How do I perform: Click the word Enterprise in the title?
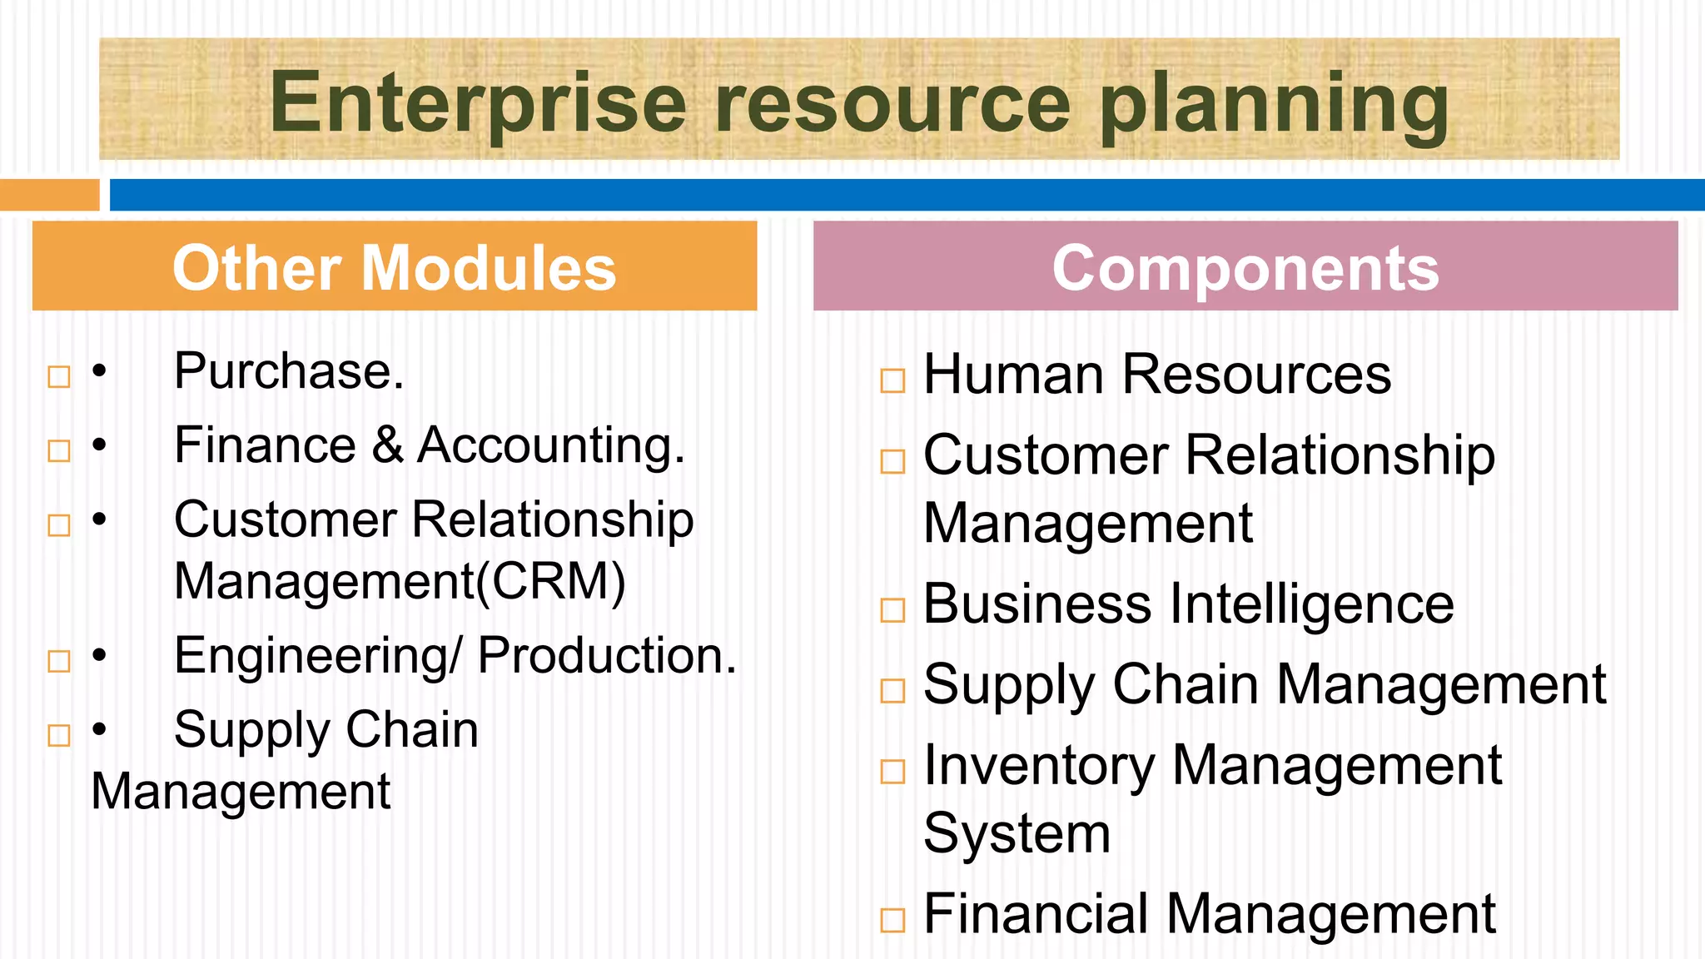coord(478,103)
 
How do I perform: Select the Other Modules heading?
coord(394,268)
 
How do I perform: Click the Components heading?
coord(1245,268)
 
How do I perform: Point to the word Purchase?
coord(288,371)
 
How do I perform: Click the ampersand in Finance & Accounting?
coord(387,445)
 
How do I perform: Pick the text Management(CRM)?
coord(400,581)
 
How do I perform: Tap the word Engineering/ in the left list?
coord(317,657)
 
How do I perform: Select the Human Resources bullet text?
coord(1157,375)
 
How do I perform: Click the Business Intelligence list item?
coord(1189,604)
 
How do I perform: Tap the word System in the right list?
coord(1017,833)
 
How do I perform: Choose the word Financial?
coord(1036,914)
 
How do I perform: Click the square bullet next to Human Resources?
coord(892,380)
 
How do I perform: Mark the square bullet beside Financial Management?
coord(892,920)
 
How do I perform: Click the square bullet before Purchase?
coord(59,377)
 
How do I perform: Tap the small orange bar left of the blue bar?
coord(49,195)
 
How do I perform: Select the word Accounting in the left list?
coord(550,446)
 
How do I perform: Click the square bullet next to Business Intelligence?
coord(892,610)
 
